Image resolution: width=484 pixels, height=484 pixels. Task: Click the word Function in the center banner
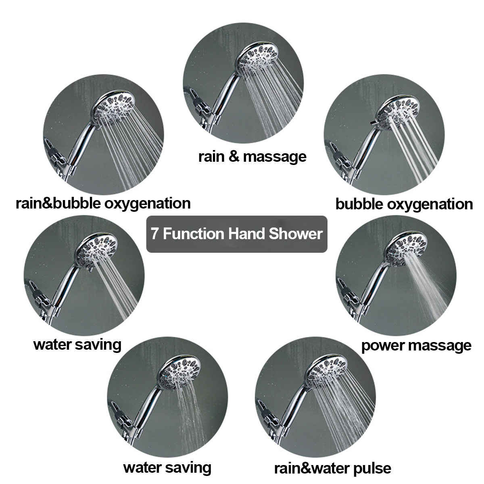pos(194,234)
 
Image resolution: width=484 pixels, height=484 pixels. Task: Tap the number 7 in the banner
pos(155,234)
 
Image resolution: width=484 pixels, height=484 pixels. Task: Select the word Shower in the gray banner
pos(296,234)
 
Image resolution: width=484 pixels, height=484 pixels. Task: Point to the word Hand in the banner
pos(246,234)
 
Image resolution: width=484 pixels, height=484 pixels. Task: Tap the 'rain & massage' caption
pos(252,157)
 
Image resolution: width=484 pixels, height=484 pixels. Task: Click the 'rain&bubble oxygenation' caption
pos(103,203)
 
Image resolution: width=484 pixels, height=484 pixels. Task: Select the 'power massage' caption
pos(416,346)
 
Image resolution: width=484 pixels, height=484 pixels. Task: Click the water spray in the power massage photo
pos(428,286)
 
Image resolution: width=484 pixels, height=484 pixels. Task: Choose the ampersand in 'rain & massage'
pos(234,156)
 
